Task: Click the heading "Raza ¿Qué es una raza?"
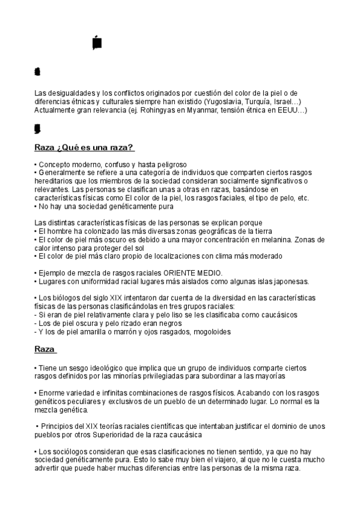[x=84, y=148]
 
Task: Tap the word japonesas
[x=291, y=281]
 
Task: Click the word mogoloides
[x=209, y=331]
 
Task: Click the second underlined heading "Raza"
[x=45, y=349]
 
